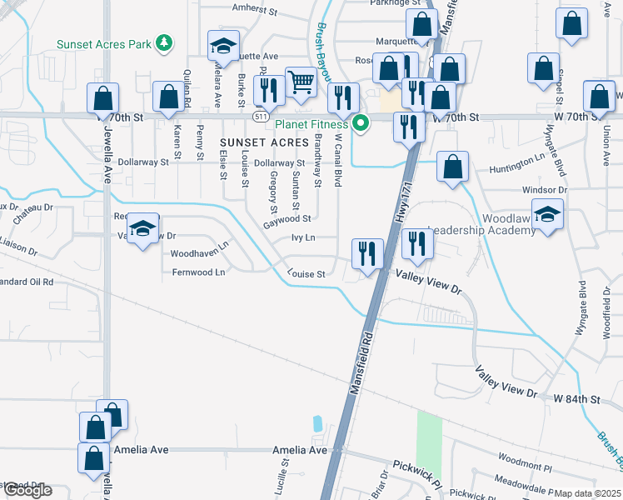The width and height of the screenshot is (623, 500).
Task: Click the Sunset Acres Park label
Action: click(x=106, y=43)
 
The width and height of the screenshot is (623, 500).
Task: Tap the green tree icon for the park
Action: click(x=165, y=42)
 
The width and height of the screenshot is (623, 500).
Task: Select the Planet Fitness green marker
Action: click(x=361, y=126)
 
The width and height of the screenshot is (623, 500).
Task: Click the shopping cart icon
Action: click(x=302, y=82)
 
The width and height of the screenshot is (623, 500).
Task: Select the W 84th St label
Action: click(x=576, y=399)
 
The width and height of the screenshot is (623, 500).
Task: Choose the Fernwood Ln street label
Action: click(x=198, y=272)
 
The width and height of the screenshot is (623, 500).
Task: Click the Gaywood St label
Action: click(x=287, y=219)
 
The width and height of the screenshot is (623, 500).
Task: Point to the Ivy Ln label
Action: click(x=303, y=237)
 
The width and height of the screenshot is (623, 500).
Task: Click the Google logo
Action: click(x=27, y=490)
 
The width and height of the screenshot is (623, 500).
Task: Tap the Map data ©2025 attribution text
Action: click(x=587, y=493)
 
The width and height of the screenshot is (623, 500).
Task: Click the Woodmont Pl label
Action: click(x=525, y=459)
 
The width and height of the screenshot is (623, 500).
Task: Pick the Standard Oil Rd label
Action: click(x=26, y=282)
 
